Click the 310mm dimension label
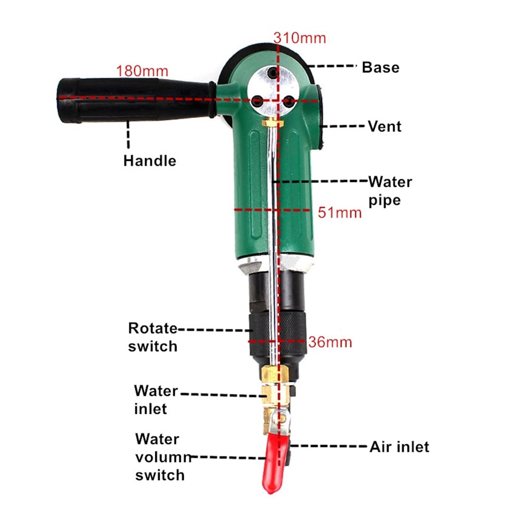tap(300, 38)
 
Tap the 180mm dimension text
tap(142, 71)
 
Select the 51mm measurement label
tap(340, 213)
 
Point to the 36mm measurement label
tap(330, 342)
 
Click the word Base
tap(381, 67)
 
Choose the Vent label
tap(385, 126)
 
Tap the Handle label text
tap(150, 161)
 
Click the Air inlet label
tap(399, 447)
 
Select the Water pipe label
tap(390, 191)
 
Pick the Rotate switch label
tap(153, 337)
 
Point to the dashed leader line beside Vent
tap(344, 126)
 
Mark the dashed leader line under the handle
tap(128, 134)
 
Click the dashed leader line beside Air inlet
tap(328, 446)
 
